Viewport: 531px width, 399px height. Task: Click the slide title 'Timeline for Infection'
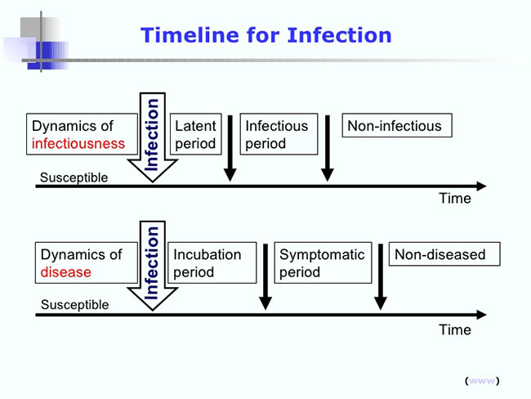pyautogui.click(x=265, y=35)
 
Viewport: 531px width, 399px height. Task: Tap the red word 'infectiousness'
pyautogui.click(x=78, y=143)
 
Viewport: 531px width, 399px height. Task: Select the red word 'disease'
pyautogui.click(x=65, y=272)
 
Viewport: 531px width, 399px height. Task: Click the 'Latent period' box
pyautogui.click(x=196, y=134)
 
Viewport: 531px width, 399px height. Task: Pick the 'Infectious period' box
pyautogui.click(x=279, y=134)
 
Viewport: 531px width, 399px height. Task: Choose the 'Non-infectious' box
pyautogui.click(x=397, y=125)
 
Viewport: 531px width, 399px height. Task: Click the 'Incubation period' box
pyautogui.click(x=212, y=262)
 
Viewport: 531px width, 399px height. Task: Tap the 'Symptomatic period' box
pyautogui.click(x=323, y=262)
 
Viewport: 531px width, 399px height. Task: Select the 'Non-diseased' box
pyautogui.click(x=444, y=254)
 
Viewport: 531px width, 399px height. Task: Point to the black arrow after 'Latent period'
pyautogui.click(x=230, y=148)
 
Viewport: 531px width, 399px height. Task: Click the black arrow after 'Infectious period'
pyautogui.click(x=327, y=148)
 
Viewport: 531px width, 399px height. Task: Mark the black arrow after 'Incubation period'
pyautogui.click(x=265, y=276)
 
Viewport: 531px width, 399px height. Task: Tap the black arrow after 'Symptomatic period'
pyautogui.click(x=381, y=276)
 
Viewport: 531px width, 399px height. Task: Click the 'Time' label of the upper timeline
pyautogui.click(x=455, y=199)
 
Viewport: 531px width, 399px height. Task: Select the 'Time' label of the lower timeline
pyautogui.click(x=455, y=330)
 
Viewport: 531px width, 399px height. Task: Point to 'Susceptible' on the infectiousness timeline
pyautogui.click(x=74, y=177)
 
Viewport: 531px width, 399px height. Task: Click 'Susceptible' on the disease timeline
pyautogui.click(x=75, y=305)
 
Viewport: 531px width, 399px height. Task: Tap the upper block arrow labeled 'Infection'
pyautogui.click(x=153, y=137)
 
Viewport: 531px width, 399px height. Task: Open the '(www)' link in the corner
pyautogui.click(x=482, y=381)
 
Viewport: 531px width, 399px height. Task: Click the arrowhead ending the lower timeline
pyautogui.click(x=482, y=315)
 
